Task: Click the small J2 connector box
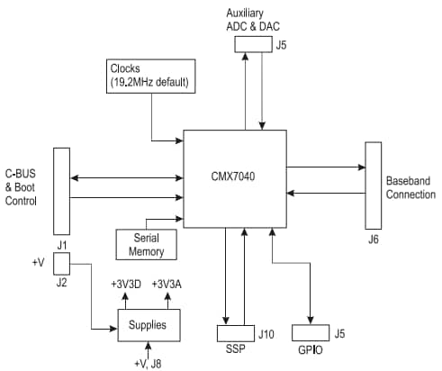click(62, 264)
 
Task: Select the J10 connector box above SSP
click(236, 332)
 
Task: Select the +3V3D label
click(126, 285)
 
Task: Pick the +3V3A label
click(169, 285)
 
